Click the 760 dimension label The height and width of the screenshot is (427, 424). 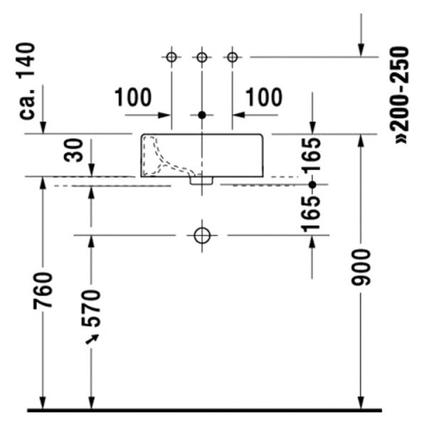(x=43, y=290)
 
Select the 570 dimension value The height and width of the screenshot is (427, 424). (x=92, y=308)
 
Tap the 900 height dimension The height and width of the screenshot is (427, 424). (x=361, y=268)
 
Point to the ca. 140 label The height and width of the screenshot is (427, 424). (x=27, y=81)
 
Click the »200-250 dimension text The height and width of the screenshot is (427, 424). (x=400, y=95)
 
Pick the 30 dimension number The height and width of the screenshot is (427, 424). (x=73, y=150)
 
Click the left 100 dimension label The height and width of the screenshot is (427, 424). (x=133, y=97)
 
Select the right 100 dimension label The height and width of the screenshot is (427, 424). (x=264, y=97)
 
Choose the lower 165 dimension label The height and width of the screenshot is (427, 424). (x=312, y=213)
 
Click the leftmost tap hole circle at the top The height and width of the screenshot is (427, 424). (x=171, y=58)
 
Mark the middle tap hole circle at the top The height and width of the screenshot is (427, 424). (x=202, y=58)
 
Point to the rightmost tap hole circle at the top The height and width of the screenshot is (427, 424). (x=233, y=58)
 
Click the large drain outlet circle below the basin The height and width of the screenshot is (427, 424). (x=202, y=236)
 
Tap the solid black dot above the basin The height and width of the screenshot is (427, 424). (x=202, y=115)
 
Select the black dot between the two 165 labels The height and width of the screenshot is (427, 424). (x=312, y=185)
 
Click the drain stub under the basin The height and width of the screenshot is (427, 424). (x=201, y=181)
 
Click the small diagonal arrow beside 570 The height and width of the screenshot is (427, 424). (x=92, y=339)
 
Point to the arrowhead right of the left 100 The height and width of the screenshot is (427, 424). (x=164, y=115)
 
